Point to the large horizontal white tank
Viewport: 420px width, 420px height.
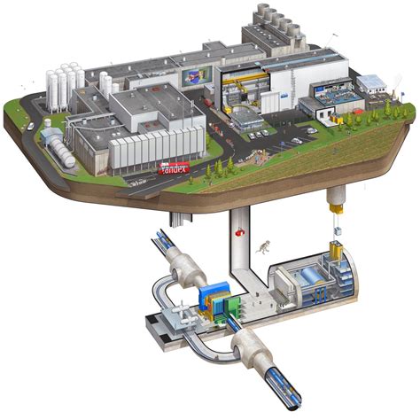[61, 158]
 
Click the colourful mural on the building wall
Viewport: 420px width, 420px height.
[192, 78]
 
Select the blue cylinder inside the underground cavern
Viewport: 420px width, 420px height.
[315, 276]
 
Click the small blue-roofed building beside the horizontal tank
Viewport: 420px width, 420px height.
[51, 136]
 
